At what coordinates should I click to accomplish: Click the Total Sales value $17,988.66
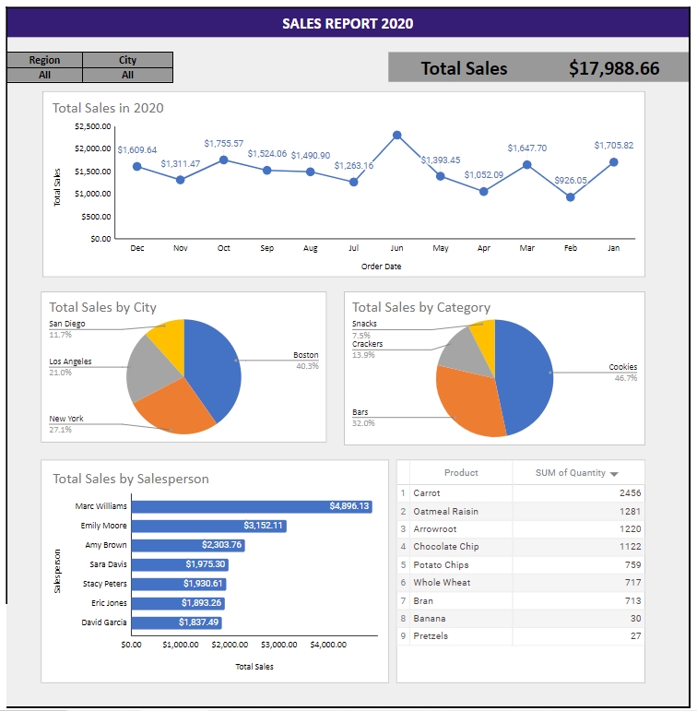614,68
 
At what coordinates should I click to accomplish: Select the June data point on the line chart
396,135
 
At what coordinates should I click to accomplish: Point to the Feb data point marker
570,196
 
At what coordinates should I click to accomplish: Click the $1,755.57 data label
223,144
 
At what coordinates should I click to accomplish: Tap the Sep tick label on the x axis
266,248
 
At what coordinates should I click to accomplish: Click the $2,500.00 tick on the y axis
92,125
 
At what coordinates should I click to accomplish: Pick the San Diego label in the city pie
66,324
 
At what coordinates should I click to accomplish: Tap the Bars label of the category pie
360,412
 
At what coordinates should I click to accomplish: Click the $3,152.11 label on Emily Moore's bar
264,526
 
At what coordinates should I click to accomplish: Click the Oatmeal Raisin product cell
445,512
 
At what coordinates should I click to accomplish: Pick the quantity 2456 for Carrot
630,493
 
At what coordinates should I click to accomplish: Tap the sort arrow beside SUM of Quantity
614,474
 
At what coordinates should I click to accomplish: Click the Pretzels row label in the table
431,636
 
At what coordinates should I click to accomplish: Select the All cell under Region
44,76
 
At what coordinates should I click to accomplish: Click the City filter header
127,60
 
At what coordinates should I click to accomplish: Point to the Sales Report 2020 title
348,24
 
